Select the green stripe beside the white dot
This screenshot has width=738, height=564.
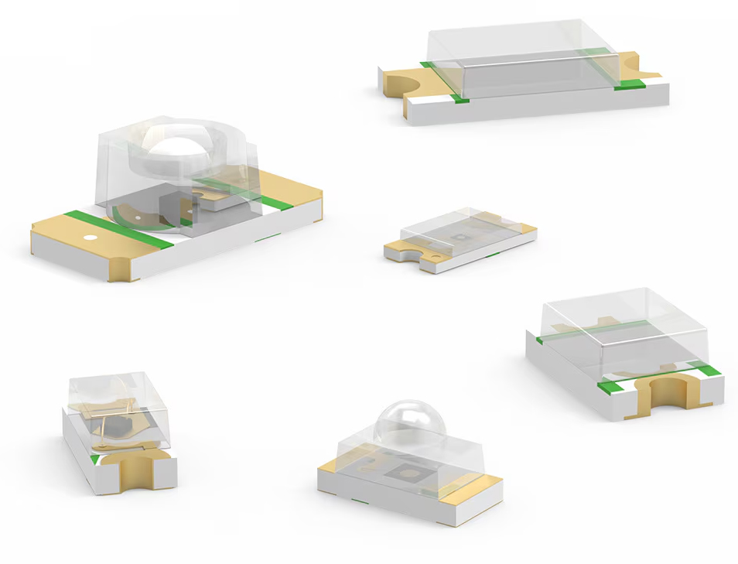coord(118,230)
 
